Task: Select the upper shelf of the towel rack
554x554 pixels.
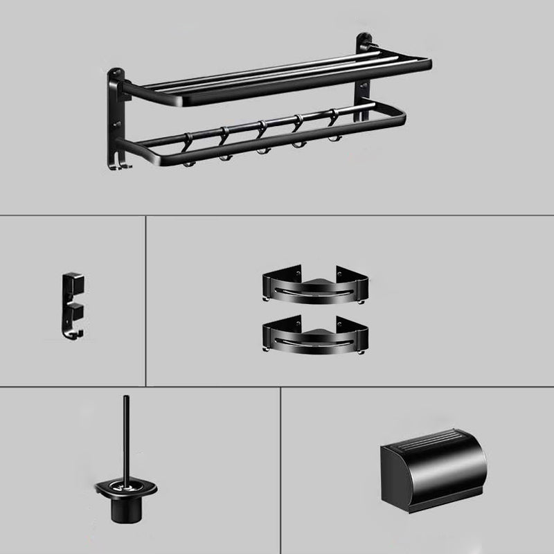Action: pyautogui.click(x=277, y=76)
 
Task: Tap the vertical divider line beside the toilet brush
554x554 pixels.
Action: pyautogui.click(x=280, y=471)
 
